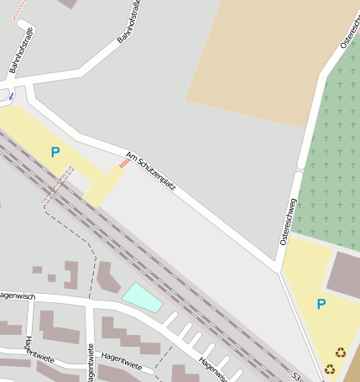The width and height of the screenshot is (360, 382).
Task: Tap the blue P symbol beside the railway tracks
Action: (55, 152)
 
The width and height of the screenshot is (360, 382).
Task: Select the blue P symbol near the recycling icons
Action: (321, 304)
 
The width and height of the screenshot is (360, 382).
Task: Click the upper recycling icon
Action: (341, 353)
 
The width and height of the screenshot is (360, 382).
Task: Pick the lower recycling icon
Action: (330, 368)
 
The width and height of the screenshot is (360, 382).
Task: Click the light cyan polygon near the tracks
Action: (143, 296)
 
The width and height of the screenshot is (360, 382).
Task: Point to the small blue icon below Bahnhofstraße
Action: (11, 97)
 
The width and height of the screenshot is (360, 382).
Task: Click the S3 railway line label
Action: (296, 377)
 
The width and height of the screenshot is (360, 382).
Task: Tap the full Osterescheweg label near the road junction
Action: (288, 221)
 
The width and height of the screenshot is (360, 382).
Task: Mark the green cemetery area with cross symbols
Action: (332, 151)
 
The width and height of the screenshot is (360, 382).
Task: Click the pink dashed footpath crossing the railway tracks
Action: (57, 186)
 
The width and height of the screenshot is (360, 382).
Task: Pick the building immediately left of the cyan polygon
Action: (107, 278)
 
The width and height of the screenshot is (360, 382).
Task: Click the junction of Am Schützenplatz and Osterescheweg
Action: (278, 269)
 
